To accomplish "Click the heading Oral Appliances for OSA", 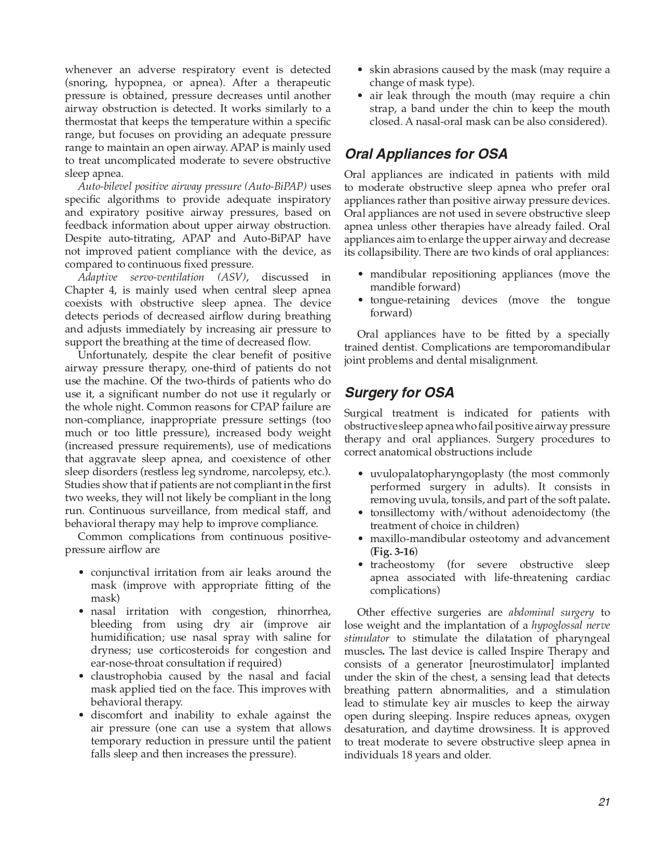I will pyautogui.click(x=426, y=154).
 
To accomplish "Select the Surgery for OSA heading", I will pyautogui.click(x=399, y=393).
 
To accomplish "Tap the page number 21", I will pyautogui.click(x=604, y=802).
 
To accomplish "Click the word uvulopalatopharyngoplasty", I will pyautogui.click(x=437, y=474).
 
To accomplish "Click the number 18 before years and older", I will pyautogui.click(x=407, y=755).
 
